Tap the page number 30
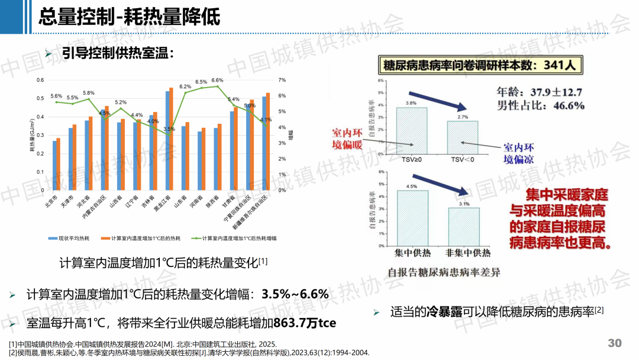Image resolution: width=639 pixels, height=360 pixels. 615,343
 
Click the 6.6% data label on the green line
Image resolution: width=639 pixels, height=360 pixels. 217,81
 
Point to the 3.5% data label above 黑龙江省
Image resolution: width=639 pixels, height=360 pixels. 169,129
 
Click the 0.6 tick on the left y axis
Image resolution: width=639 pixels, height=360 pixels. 41,80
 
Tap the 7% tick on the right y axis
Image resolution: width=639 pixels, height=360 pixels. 282,80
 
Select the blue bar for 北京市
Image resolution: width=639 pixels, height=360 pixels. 54,165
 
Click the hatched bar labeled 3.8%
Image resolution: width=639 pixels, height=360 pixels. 411,129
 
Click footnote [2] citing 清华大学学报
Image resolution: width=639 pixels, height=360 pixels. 189,352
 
